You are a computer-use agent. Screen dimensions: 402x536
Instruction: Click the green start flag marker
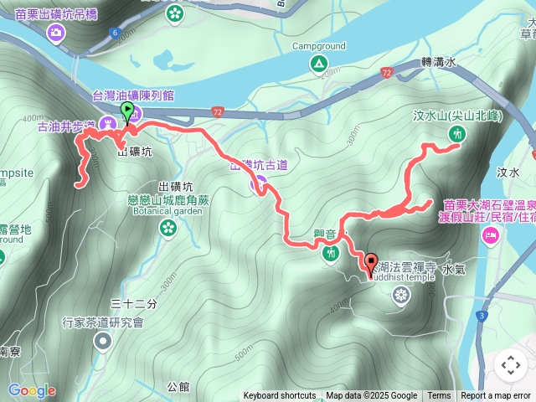point(126,111)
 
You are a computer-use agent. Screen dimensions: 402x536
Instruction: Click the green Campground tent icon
point(318,64)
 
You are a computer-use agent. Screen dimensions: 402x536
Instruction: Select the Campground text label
point(318,47)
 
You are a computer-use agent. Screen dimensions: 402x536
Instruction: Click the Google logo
point(32,390)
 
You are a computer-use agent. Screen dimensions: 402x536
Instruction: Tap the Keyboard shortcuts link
point(280,396)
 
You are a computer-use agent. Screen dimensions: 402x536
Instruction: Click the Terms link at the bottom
point(439,396)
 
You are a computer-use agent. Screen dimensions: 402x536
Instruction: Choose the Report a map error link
point(496,396)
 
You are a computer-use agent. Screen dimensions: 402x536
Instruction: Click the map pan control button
point(510,365)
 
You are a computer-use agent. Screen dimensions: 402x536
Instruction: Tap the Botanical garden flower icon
point(168,227)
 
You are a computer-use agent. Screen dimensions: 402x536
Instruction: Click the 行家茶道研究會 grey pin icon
point(102,340)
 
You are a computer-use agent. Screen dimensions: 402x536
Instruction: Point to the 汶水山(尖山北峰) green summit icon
point(457,133)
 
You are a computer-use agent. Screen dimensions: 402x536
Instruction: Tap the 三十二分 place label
point(134,303)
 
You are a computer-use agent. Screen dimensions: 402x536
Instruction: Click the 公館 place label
point(178,387)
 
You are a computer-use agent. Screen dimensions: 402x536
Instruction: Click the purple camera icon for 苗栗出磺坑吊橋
point(56,33)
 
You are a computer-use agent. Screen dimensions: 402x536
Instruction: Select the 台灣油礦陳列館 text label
point(132,95)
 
